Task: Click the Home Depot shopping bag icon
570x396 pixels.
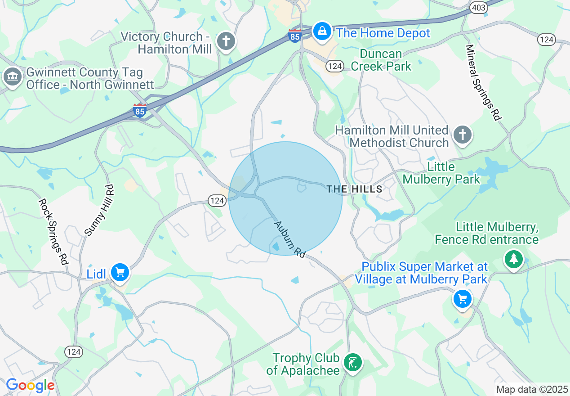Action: [322, 31]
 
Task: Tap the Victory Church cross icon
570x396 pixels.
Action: [226, 42]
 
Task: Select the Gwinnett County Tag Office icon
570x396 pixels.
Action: [13, 77]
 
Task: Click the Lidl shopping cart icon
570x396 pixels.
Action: [120, 273]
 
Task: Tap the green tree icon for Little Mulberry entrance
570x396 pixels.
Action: [513, 259]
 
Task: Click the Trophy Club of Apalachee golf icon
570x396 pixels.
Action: [353, 362]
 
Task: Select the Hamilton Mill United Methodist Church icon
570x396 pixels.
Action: [463, 135]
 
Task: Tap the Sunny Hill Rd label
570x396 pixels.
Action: [99, 210]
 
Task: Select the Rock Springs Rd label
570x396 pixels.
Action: [53, 231]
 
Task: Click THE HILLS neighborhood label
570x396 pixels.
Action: [355, 189]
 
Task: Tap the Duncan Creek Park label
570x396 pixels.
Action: [381, 60]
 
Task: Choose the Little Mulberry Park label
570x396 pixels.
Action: [441, 173]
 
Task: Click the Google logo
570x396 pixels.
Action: [30, 386]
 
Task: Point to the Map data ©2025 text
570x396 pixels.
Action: [532, 389]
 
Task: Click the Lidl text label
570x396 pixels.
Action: [96, 274]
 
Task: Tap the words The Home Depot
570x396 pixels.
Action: [383, 33]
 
